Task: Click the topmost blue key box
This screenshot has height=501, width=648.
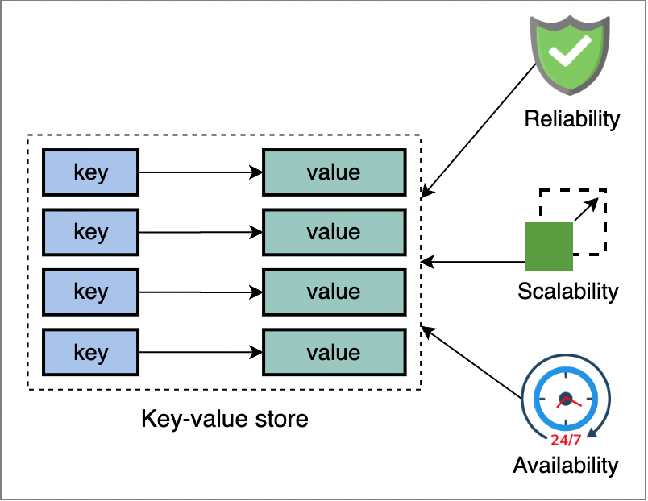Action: pos(90,172)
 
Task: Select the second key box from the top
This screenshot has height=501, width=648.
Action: pos(90,232)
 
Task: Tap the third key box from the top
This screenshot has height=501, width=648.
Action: pos(90,292)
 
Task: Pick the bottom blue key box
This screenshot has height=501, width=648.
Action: pos(90,352)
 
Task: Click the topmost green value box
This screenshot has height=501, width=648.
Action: pos(334,172)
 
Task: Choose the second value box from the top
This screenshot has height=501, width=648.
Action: pos(334,232)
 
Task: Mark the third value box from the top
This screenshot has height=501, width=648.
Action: pos(334,292)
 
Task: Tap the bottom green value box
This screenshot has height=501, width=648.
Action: pos(334,352)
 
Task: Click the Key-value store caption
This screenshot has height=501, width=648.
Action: pos(225,419)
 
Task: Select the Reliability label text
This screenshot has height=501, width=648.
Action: pos(571,120)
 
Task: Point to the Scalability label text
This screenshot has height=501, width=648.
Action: pos(567,291)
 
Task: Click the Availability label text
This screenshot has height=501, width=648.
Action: pos(565,465)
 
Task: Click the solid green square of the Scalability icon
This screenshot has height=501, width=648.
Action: pos(548,246)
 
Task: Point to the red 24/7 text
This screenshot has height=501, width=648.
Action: pos(565,440)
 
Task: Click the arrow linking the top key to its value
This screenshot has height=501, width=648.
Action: pos(201,172)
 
